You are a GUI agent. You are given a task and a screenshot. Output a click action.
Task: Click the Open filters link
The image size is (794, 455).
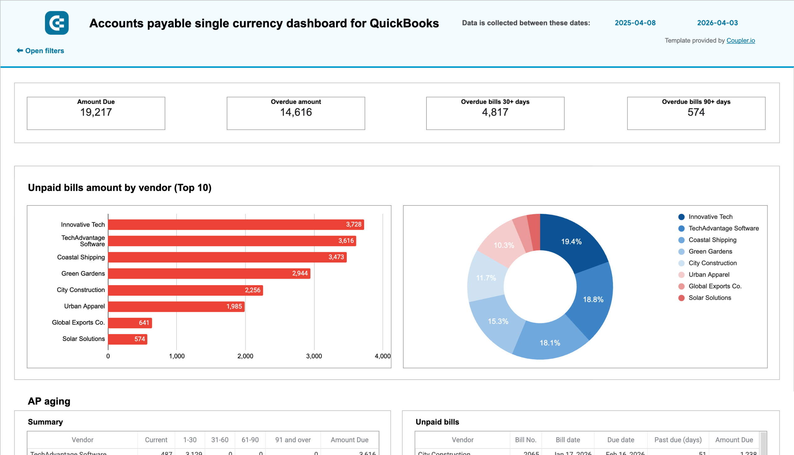pos(40,51)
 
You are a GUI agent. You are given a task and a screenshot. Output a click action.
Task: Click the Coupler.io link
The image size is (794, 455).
pos(740,41)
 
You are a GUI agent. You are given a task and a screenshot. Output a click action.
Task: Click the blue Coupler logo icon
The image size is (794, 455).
pos(56,23)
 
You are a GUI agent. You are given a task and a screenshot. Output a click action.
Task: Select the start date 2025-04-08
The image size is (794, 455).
pos(635,23)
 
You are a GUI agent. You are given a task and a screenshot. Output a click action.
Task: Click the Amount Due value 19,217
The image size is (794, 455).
pos(96,112)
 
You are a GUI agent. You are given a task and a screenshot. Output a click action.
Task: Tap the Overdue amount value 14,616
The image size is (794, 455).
pos(296,112)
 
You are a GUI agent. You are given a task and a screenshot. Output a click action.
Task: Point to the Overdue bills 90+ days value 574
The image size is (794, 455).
pos(696,112)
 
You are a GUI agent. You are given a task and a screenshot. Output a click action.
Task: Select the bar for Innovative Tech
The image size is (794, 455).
pos(236,224)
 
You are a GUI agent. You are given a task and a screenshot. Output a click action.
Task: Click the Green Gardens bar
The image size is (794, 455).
pos(209,273)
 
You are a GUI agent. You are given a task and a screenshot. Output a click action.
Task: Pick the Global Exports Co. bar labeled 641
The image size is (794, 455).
pos(130,323)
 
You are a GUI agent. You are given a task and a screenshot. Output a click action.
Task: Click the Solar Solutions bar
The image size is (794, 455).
pos(127,339)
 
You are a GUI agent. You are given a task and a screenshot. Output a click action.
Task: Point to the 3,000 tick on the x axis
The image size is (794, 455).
pos(314,356)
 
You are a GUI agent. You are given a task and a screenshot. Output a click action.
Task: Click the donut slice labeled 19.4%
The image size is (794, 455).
pos(571,241)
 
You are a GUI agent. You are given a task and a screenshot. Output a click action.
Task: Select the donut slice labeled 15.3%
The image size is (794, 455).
pos(498,321)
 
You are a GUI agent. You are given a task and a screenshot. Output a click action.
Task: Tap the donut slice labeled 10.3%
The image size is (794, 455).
pos(503,245)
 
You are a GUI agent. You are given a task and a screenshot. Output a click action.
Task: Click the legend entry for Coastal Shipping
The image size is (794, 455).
pos(712,240)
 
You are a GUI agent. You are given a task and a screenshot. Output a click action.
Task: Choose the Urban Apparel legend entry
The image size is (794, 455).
pos(709,275)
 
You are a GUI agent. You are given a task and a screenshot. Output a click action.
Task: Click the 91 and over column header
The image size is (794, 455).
pos(293,440)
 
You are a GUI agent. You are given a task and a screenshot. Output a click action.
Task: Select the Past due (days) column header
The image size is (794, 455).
pos(678,440)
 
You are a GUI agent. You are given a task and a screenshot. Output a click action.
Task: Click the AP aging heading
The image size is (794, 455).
pos(49,401)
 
